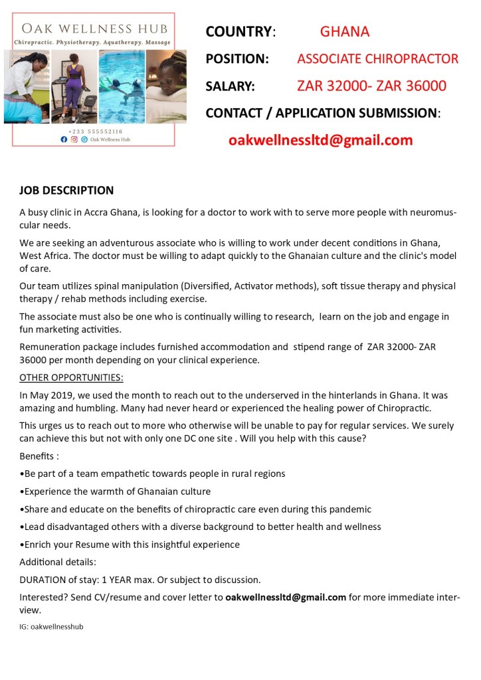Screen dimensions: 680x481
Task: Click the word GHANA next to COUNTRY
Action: pos(344,31)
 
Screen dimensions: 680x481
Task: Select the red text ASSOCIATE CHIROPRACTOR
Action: pos(377,58)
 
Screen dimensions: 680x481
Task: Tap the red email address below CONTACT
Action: pos(320,140)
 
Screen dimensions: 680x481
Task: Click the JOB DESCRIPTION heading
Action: pos(66,191)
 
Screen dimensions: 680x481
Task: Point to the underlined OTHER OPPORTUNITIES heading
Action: pos(71,378)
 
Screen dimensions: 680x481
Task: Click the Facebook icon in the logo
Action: pos(64,139)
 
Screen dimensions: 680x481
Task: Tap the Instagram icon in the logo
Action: pos(74,139)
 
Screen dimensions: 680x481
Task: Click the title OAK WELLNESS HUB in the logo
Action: pos(94,29)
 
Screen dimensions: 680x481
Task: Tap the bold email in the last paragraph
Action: pos(286,597)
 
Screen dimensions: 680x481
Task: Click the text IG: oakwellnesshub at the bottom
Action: pos(51,626)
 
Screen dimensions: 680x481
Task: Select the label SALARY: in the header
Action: pos(230,86)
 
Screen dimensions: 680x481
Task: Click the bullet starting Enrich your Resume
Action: pos(130,545)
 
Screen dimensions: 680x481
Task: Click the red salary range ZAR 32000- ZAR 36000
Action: pos(371,86)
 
